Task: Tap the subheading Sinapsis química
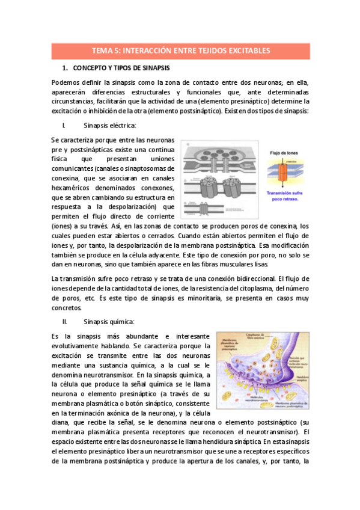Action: pos(109,322)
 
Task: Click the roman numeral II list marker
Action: pos(64,322)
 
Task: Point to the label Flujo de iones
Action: pos(285,152)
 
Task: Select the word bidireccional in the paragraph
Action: pos(248,278)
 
